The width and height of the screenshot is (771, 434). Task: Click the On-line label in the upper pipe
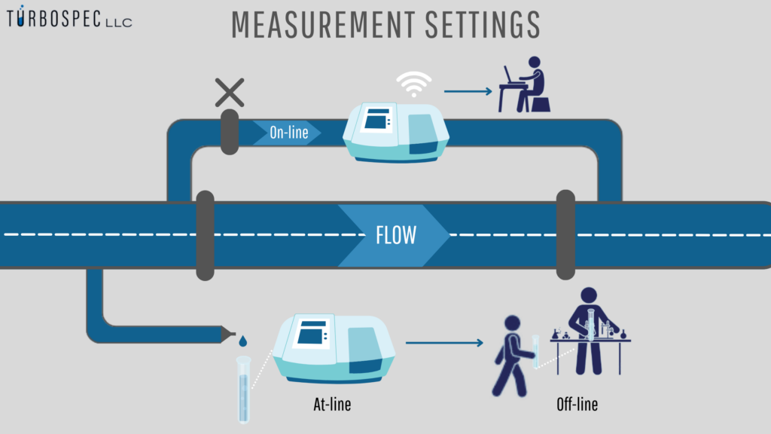click(x=286, y=133)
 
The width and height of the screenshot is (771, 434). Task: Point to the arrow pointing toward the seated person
click(x=468, y=91)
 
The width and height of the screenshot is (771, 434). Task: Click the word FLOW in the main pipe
click(x=395, y=235)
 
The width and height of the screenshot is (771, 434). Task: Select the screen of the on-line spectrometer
click(x=378, y=120)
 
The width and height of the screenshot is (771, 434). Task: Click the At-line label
click(x=332, y=405)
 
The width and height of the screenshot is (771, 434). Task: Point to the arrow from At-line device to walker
click(x=444, y=344)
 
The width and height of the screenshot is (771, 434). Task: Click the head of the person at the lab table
click(x=589, y=296)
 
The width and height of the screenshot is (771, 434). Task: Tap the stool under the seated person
click(x=541, y=104)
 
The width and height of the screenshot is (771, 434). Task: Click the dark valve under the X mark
click(x=229, y=132)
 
